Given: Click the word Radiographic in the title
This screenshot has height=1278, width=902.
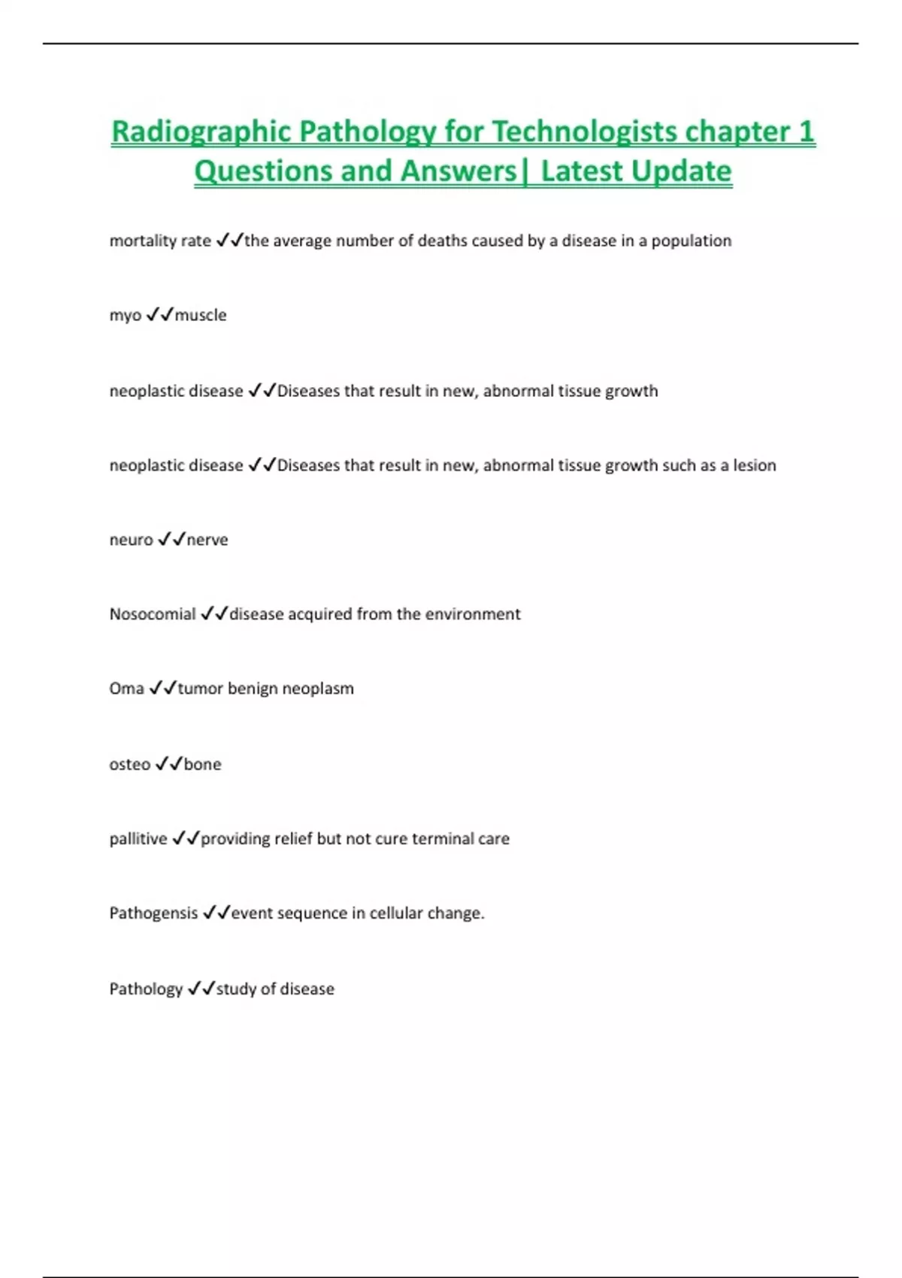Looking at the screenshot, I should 201,132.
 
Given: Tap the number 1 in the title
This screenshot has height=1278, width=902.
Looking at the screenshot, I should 807,132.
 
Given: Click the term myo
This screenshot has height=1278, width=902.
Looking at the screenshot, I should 125,316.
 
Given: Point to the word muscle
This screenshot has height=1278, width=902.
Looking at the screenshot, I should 201,315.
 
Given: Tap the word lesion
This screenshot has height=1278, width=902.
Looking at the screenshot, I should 754,465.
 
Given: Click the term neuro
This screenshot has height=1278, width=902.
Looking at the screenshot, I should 131,540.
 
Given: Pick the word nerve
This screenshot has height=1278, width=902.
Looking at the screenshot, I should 207,540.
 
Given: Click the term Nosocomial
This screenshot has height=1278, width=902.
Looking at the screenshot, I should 153,614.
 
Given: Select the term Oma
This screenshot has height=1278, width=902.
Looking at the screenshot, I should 126,689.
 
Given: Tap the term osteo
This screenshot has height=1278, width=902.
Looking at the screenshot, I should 130,765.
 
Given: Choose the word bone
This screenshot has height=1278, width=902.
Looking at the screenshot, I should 203,765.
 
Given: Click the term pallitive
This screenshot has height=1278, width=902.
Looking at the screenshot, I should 138,839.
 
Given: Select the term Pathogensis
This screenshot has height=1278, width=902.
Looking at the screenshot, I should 153,913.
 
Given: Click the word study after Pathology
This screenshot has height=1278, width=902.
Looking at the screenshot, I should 236,989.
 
